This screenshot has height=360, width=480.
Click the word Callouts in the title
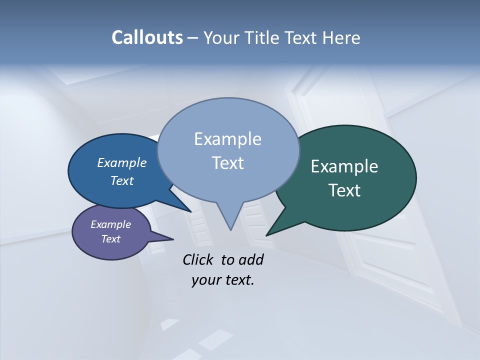tap(147, 37)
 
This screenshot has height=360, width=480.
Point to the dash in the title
tap(193, 38)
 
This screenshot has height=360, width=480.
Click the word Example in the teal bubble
tap(344, 166)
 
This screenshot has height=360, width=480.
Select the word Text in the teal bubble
tap(344, 190)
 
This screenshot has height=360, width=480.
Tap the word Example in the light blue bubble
tap(227, 139)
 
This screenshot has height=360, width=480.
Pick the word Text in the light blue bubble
tap(227, 163)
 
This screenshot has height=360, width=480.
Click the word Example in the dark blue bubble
tap(121, 163)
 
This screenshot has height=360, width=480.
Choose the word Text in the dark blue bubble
tap(121, 180)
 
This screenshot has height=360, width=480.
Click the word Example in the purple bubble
tap(110, 224)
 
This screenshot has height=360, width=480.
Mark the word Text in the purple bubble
tap(110, 239)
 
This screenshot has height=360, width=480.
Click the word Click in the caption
tap(198, 259)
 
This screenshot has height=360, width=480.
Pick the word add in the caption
tap(251, 259)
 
